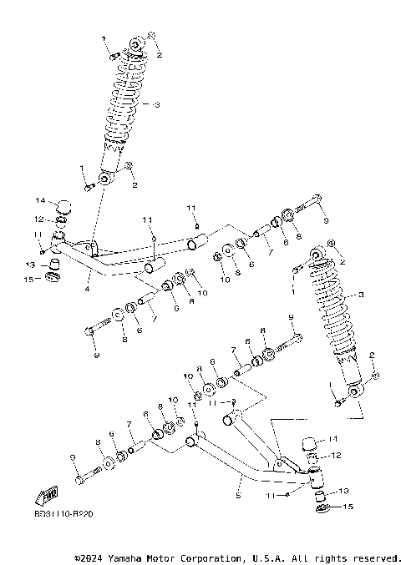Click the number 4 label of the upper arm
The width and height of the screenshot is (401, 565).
coord(87,289)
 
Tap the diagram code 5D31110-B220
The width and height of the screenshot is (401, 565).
coord(63,514)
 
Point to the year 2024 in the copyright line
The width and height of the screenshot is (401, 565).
coord(96,557)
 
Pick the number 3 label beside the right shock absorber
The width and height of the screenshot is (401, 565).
coord(361,294)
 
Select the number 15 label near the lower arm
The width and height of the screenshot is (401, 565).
coord(348,507)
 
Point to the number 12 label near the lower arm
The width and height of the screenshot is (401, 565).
coord(338,456)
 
